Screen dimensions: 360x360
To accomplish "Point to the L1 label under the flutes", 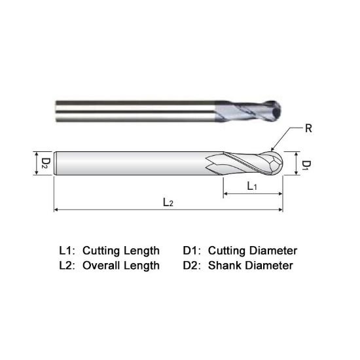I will point(251,187).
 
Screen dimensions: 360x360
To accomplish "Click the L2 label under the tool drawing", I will point(168,203).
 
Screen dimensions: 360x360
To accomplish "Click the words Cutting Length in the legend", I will point(120,251).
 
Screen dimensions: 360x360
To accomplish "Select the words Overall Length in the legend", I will point(120,265).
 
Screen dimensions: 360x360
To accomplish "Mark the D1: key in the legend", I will point(192,251).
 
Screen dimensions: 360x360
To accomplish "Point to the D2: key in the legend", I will point(192,265).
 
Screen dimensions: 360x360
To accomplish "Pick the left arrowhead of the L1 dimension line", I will point(226,194).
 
